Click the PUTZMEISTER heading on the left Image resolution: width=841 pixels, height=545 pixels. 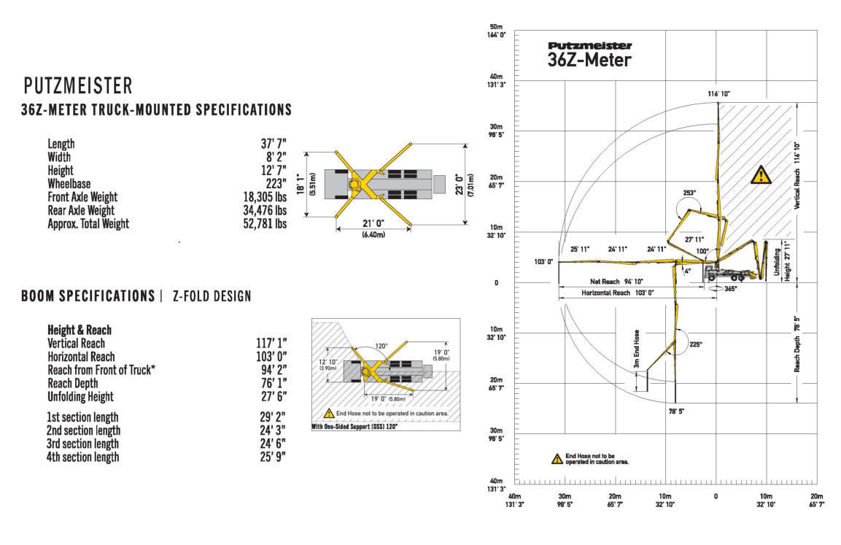pos(78,86)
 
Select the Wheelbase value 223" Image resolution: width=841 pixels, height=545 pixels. pos(274,184)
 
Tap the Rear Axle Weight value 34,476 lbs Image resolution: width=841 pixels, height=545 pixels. pos(265,210)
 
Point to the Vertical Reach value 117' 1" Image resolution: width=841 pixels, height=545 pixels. pos(268,343)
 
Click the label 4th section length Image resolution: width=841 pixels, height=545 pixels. pos(83,457)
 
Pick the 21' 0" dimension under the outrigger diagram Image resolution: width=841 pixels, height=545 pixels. pos(372,224)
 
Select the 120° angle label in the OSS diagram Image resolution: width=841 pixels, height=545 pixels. pos(381,347)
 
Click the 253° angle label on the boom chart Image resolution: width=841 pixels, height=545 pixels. pos(689,193)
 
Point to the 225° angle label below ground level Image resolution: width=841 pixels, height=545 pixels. pos(696,344)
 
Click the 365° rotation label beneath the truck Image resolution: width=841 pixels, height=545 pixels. pos(730,289)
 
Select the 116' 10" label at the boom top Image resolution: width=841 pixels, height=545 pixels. pos(718,94)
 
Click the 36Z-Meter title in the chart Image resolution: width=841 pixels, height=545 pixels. pos(589,61)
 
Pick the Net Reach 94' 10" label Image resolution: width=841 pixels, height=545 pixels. pos(611,281)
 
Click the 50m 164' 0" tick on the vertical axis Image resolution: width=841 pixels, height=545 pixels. pos(497,31)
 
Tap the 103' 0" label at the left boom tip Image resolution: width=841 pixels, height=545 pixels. pos(544,261)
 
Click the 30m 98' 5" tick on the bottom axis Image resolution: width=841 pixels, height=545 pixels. pos(565,500)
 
